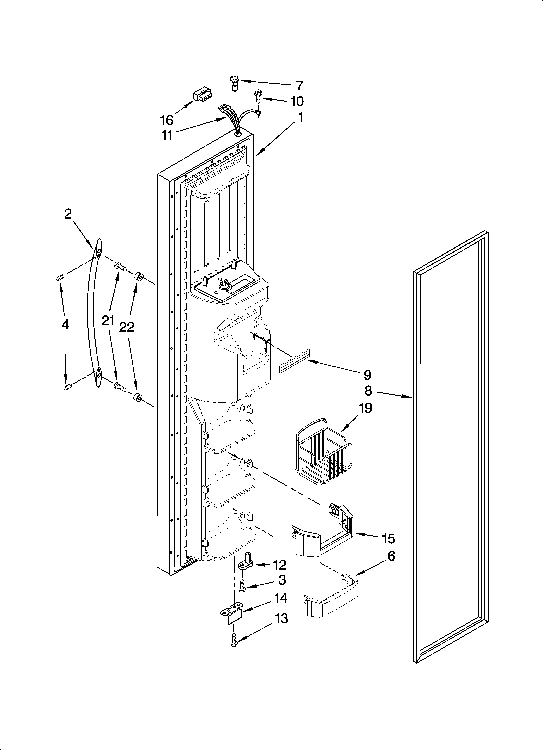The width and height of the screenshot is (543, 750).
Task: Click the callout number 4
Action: pos(66,325)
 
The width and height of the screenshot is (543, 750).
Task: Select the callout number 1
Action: pos(300,117)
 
